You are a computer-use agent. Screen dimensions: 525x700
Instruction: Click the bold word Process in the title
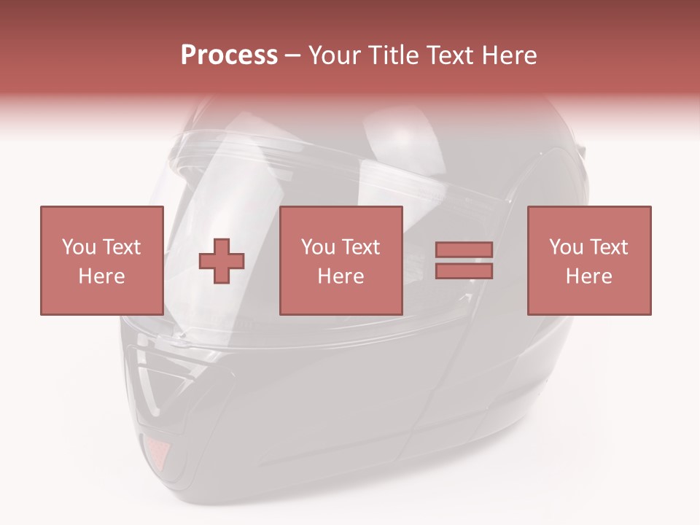[x=229, y=55]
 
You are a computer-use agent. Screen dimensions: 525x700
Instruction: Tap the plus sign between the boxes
[x=222, y=260]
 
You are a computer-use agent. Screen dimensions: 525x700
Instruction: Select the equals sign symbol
[x=464, y=260]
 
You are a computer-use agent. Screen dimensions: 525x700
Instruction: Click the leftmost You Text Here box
[x=101, y=260]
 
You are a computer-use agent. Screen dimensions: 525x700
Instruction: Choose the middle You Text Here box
[x=341, y=260]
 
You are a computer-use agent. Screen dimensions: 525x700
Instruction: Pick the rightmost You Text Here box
[x=588, y=260]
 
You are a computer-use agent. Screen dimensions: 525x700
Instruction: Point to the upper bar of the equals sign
[x=464, y=250]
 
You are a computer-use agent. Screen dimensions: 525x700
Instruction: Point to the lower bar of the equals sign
[x=464, y=271]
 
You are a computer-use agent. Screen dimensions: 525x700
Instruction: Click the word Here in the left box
[x=101, y=276]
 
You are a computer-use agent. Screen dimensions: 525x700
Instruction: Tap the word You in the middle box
[x=318, y=247]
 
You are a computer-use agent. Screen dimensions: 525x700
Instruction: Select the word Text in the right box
[x=607, y=247]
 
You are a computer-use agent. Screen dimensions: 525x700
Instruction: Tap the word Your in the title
[x=332, y=55]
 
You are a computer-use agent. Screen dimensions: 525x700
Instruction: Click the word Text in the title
[x=448, y=55]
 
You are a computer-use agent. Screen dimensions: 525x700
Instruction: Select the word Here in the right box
[x=588, y=276]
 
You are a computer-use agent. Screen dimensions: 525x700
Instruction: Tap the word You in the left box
[x=79, y=247]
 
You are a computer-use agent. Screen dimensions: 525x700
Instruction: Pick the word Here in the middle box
[x=341, y=276]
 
